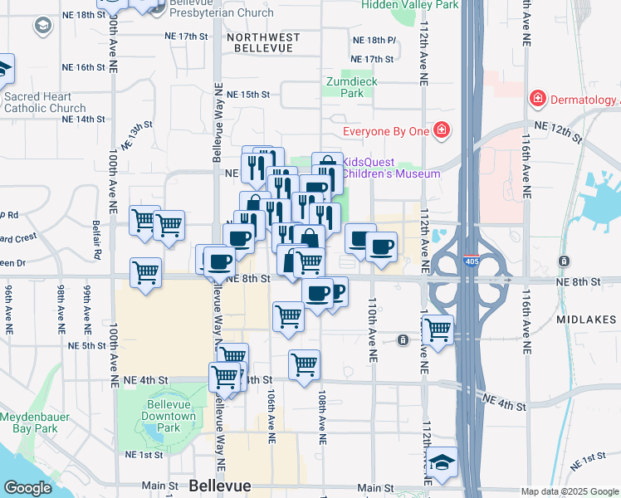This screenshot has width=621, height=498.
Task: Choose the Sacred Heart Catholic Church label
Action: [x=44, y=102]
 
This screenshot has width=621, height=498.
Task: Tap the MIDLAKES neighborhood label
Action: [x=587, y=320]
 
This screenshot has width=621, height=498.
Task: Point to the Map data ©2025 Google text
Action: [x=570, y=491]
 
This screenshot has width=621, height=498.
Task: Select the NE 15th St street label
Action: [x=250, y=94]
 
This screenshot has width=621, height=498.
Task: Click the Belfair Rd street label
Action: [x=97, y=240]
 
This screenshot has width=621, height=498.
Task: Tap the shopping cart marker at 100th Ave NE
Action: [x=145, y=271]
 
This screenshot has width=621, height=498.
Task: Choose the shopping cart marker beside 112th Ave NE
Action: [x=438, y=328]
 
